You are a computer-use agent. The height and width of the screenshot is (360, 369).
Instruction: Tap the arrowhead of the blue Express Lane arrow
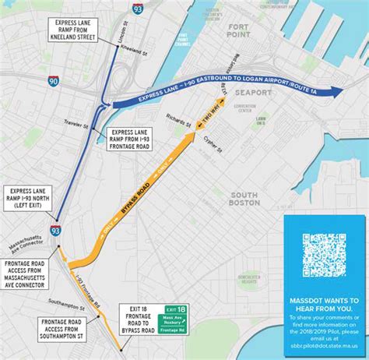coord(334,91)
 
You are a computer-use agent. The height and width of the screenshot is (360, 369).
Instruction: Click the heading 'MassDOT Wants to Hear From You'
coord(326,299)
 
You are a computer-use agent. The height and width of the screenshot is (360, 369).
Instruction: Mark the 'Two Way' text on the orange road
coord(209,114)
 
